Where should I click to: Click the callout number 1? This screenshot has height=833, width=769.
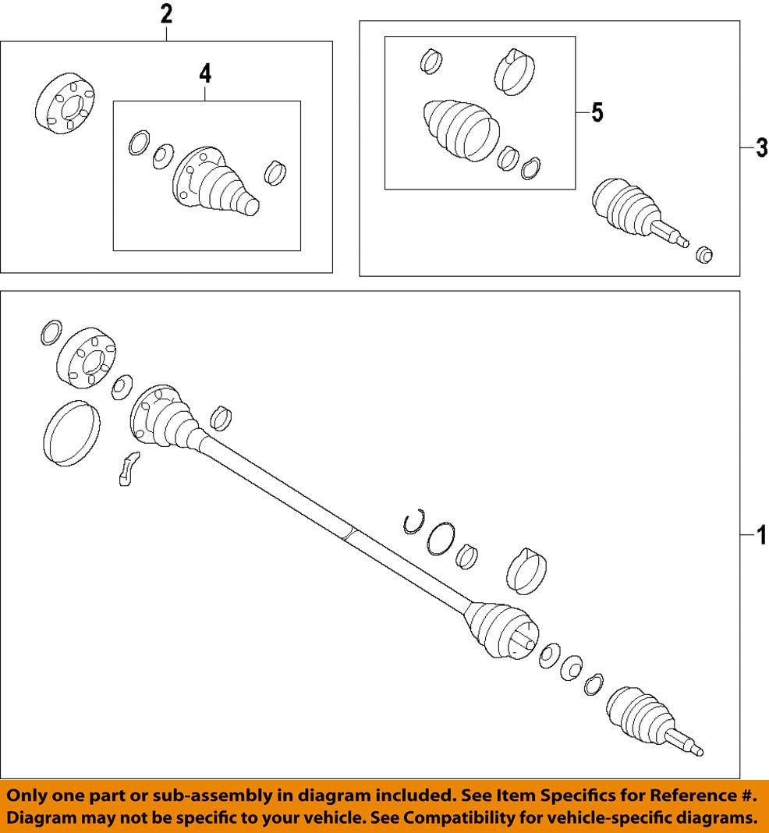[761, 536]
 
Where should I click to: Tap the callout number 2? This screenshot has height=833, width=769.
[165, 14]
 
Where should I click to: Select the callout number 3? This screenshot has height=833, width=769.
[761, 147]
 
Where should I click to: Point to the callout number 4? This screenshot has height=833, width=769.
[204, 74]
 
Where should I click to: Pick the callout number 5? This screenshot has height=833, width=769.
[597, 113]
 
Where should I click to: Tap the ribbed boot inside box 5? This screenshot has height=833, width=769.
[460, 129]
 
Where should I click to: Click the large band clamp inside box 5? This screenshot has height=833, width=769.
[512, 71]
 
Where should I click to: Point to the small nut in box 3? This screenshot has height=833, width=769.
[703, 254]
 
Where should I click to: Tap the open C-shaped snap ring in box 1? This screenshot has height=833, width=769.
[413, 522]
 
